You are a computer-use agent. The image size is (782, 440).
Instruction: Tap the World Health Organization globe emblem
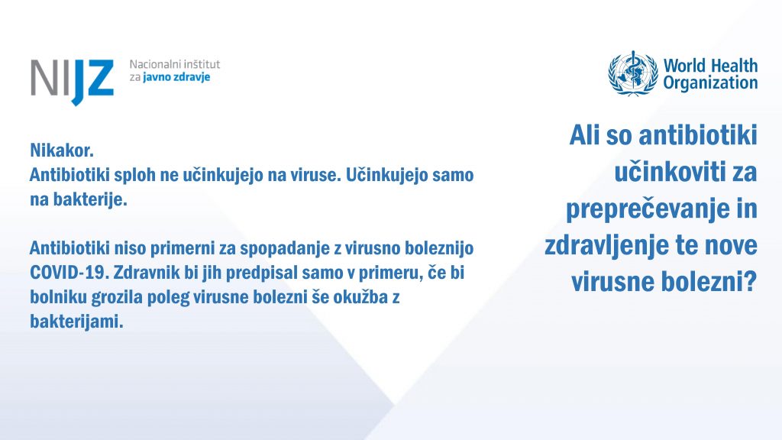[x=633, y=73]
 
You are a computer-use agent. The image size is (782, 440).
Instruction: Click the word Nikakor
[x=62, y=150]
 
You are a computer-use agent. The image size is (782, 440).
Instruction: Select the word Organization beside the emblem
[x=710, y=82]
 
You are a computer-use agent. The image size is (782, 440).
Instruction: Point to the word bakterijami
[x=76, y=322]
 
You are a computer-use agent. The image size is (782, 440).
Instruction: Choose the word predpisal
[x=258, y=273]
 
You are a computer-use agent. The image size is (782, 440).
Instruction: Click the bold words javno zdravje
[x=176, y=77]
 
